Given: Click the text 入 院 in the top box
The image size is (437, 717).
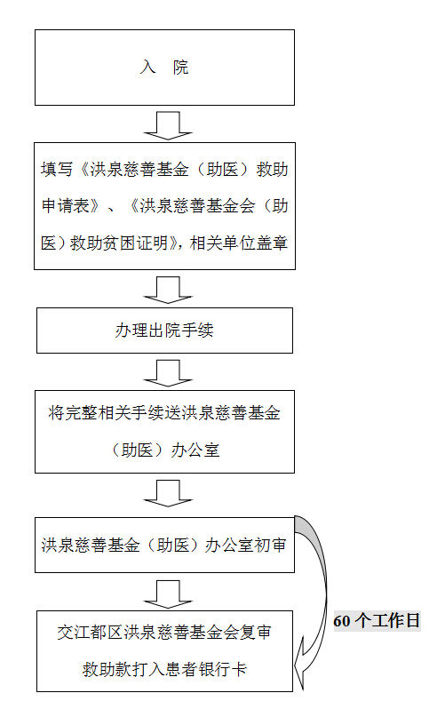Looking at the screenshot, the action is coord(164,68).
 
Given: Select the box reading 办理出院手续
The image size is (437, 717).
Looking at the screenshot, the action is coord(164,331).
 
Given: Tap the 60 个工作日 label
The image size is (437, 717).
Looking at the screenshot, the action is coord(377,620).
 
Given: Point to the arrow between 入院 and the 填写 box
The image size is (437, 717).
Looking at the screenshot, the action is coord(168,125).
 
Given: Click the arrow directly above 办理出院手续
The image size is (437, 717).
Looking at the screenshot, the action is coord(168,290).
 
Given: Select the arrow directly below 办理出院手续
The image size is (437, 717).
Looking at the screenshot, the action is coord(168,372).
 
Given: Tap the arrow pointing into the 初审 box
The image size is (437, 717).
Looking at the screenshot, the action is coord(168,493).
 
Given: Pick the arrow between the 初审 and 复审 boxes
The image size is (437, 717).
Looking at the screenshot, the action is coord(168,594).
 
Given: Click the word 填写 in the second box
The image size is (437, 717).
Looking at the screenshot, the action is coord(57,169).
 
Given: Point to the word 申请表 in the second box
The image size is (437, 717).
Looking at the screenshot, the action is coord(66,206).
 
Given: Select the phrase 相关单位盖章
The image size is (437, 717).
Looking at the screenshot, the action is coord(239,243).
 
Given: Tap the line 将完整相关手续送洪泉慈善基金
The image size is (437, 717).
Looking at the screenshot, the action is coord(164,413).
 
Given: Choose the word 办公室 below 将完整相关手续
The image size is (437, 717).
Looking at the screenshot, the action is coord(195,450).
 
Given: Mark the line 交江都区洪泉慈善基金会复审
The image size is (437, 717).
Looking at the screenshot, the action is coord(164,633).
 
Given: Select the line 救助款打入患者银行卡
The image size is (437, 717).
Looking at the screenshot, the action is coord(164,669).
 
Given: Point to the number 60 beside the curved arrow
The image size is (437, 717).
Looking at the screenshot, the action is coord(342,621).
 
